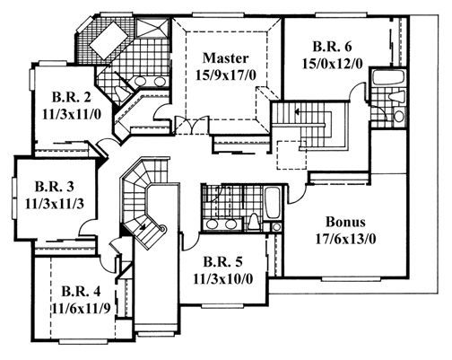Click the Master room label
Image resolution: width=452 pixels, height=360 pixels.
[x=225, y=58]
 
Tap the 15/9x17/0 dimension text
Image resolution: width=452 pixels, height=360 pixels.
[x=226, y=75]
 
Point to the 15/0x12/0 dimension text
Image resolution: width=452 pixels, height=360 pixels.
[x=332, y=64]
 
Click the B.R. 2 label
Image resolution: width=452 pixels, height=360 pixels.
[x=72, y=97]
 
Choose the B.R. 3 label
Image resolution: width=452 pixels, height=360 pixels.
[x=55, y=187]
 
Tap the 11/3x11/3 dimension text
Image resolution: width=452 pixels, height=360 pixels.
[x=55, y=204]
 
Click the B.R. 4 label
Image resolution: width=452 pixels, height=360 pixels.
[x=81, y=291]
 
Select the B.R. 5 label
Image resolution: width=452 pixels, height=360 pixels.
[x=222, y=262]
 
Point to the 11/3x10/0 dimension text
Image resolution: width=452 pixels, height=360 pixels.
[x=223, y=279]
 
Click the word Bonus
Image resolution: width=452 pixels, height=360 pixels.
[x=345, y=222]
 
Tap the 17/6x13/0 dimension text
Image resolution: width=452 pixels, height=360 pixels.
[x=345, y=239]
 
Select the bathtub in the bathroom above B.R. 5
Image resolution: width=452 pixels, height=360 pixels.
[x=273, y=203]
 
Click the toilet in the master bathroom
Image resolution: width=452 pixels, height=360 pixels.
[x=122, y=93]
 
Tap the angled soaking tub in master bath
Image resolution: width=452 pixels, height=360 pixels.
[x=109, y=40]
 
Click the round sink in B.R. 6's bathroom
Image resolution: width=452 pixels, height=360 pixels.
[x=399, y=116]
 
